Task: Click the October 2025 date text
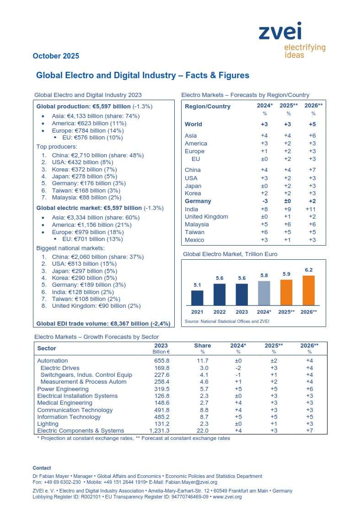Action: tap(56, 56)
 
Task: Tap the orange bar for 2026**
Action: tap(308, 290)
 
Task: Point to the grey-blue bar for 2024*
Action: tap(264, 293)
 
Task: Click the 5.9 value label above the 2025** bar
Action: tap(286, 274)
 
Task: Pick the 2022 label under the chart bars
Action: tap(220, 311)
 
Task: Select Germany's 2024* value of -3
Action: tap(264, 201)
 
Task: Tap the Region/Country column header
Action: tap(207, 107)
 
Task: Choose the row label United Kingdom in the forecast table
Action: tap(206, 216)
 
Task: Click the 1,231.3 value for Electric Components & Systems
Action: tap(159, 430)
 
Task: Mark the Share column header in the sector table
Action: tap(202, 346)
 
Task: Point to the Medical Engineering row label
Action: tap(64, 403)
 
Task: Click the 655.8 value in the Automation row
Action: tap(161, 361)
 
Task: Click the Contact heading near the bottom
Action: tap(42, 468)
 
